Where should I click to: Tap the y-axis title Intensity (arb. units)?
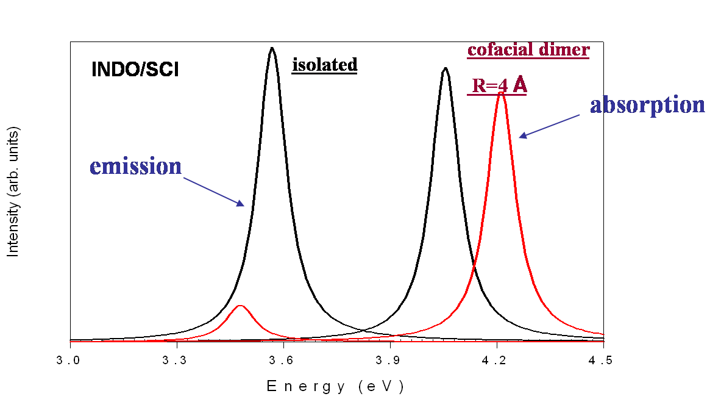point(13,192)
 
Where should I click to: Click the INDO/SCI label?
point(135,69)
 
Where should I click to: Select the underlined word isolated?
point(324,65)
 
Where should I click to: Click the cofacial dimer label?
point(528,49)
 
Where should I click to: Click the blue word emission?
point(135,166)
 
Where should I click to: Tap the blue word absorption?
point(647,105)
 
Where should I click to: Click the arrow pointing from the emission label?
point(213,192)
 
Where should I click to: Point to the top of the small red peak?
point(240,305)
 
